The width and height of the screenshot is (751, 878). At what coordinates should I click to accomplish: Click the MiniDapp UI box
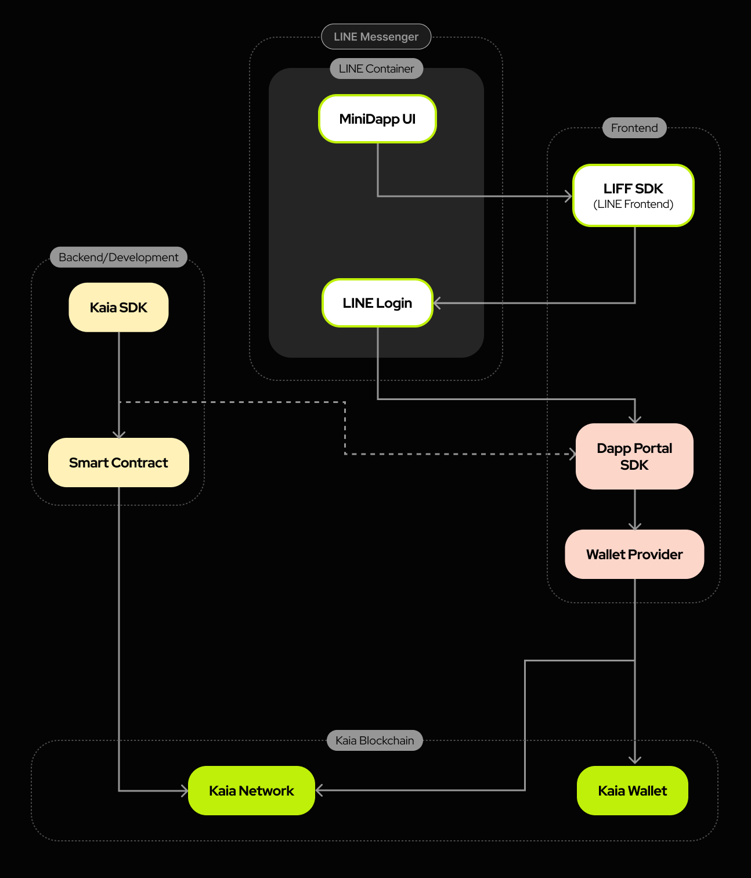pos(377,119)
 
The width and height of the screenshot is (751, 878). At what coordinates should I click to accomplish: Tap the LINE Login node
pos(377,303)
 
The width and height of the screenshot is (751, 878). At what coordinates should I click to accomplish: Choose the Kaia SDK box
pos(118,307)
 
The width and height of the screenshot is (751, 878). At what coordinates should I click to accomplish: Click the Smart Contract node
pos(118,463)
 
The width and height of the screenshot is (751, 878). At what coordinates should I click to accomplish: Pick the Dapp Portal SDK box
pos(634,456)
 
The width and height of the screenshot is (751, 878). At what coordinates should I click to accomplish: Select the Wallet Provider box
pos(634,555)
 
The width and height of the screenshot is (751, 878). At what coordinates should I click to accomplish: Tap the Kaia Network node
pos(251,791)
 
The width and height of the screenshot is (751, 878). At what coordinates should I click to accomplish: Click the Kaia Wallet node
pos(633,791)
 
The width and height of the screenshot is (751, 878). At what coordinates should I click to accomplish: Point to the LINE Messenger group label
pos(376,37)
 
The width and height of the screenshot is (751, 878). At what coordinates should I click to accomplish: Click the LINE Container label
pos(376,69)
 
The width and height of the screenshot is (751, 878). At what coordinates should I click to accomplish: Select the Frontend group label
pos(634,128)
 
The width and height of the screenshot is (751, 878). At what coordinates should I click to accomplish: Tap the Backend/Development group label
pos(118,257)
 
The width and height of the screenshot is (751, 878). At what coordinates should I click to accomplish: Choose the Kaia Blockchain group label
pos(374,740)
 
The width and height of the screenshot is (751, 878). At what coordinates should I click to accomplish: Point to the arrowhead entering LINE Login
pos(437,303)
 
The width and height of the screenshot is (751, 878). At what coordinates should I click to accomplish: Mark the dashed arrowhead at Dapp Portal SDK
pos(572,454)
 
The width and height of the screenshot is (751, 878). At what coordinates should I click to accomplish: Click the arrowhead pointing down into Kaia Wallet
pos(635,760)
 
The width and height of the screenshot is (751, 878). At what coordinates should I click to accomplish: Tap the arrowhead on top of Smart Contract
pos(119,434)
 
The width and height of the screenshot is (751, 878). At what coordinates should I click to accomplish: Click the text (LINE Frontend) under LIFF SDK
pos(633,204)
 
